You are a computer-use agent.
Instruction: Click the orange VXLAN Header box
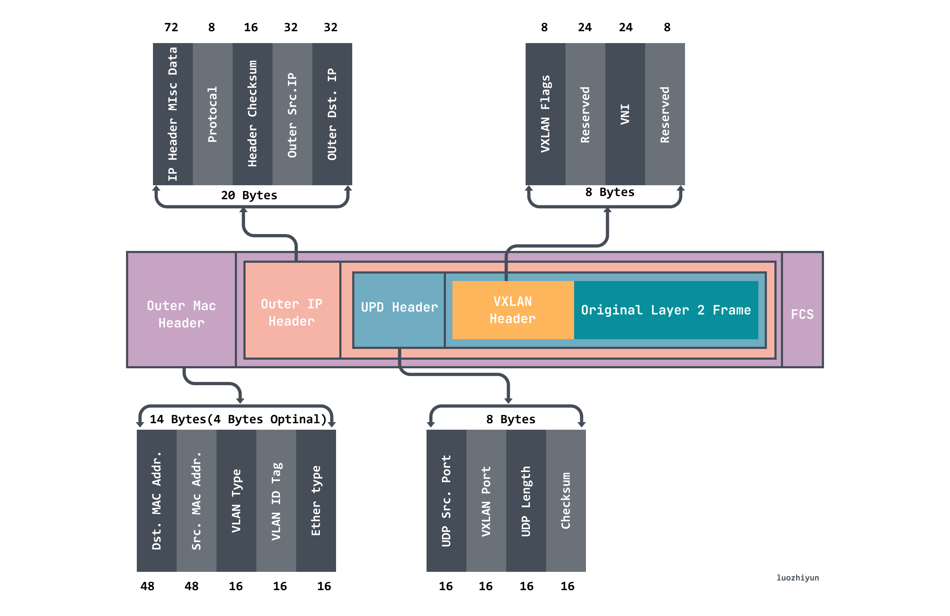(513, 310)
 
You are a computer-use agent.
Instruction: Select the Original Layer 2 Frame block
(665, 310)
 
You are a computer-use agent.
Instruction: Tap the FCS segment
(802, 314)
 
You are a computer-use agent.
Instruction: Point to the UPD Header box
(399, 307)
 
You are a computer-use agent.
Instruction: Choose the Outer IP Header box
(292, 312)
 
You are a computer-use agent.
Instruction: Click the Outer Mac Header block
(181, 314)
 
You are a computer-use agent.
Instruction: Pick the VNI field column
(625, 114)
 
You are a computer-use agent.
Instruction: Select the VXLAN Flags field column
(545, 114)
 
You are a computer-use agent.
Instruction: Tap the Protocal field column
(212, 114)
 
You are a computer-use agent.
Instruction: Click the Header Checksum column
(252, 114)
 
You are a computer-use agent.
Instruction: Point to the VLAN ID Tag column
(276, 501)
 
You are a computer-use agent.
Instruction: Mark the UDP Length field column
(526, 501)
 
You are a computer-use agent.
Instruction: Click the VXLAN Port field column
(486, 501)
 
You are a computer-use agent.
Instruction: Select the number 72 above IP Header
(171, 27)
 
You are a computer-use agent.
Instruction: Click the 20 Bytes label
(249, 195)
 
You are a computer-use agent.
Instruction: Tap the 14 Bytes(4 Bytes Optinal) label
(238, 419)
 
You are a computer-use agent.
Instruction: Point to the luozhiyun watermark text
(797, 577)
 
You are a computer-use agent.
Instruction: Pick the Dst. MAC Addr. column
(157, 501)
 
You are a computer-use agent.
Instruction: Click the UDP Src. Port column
(446, 501)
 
